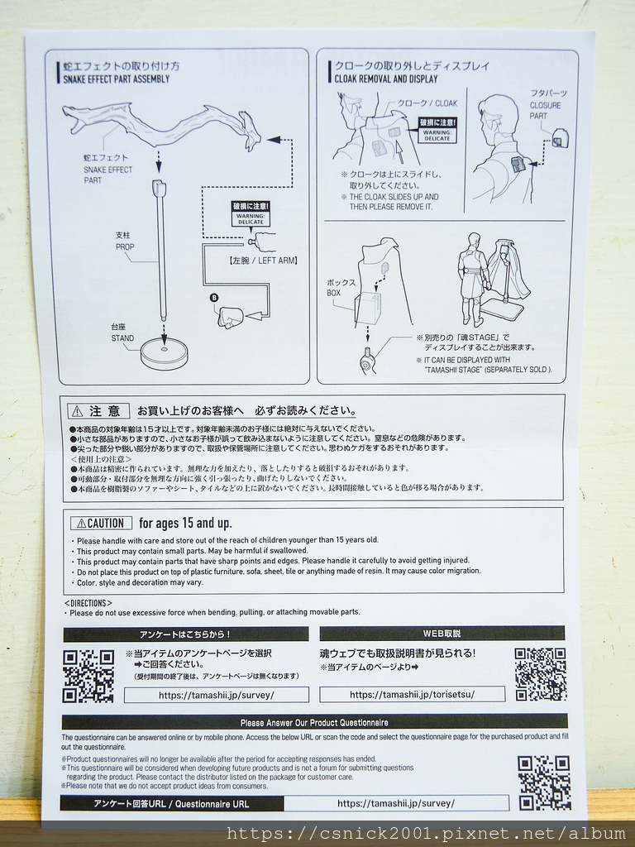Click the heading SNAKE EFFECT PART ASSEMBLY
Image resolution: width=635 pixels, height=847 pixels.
tap(116, 79)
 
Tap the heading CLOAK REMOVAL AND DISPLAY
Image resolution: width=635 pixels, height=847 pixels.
tap(386, 79)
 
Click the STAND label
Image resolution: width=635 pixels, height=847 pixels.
tap(122, 338)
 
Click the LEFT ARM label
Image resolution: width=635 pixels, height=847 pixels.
tap(262, 261)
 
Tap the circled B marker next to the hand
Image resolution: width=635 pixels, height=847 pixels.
tap(215, 298)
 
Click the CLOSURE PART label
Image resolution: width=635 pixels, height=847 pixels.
tap(545, 111)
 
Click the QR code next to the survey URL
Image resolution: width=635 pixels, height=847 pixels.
tap(88, 675)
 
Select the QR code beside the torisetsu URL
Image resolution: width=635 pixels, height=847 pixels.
tap(540, 674)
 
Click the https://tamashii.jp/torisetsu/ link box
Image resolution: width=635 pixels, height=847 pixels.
tap(412, 695)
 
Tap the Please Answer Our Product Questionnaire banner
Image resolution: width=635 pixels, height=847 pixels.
tap(314, 722)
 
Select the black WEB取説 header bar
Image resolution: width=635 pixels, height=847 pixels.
tap(442, 634)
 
